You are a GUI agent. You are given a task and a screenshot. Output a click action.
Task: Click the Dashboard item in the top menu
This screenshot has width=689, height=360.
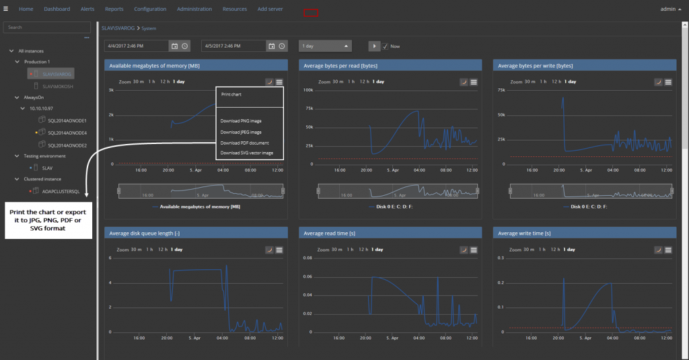57,9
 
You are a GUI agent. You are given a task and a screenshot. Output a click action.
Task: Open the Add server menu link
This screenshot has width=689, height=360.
270,9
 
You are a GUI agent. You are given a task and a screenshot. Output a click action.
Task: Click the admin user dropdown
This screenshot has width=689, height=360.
670,9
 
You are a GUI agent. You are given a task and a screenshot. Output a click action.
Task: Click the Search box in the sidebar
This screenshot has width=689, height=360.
47,28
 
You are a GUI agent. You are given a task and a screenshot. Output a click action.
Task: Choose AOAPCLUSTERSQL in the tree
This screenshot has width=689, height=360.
61,191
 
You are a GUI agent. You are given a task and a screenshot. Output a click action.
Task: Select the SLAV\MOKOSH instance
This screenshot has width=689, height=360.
57,85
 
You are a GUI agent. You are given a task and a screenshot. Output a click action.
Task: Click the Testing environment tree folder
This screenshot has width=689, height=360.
41,156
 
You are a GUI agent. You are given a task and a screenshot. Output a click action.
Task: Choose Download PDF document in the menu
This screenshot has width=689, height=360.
244,143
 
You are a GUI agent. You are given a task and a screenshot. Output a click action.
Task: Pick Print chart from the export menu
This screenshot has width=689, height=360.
231,95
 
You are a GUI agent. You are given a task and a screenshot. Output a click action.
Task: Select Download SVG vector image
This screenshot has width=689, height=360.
246,153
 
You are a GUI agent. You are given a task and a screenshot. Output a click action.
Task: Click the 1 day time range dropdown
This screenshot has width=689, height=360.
326,46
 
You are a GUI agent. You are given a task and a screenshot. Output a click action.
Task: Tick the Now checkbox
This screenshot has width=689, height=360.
386,46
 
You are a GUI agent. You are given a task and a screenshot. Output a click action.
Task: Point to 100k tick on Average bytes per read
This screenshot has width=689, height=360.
310,89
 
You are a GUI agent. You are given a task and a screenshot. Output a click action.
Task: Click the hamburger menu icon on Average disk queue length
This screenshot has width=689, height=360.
279,250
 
